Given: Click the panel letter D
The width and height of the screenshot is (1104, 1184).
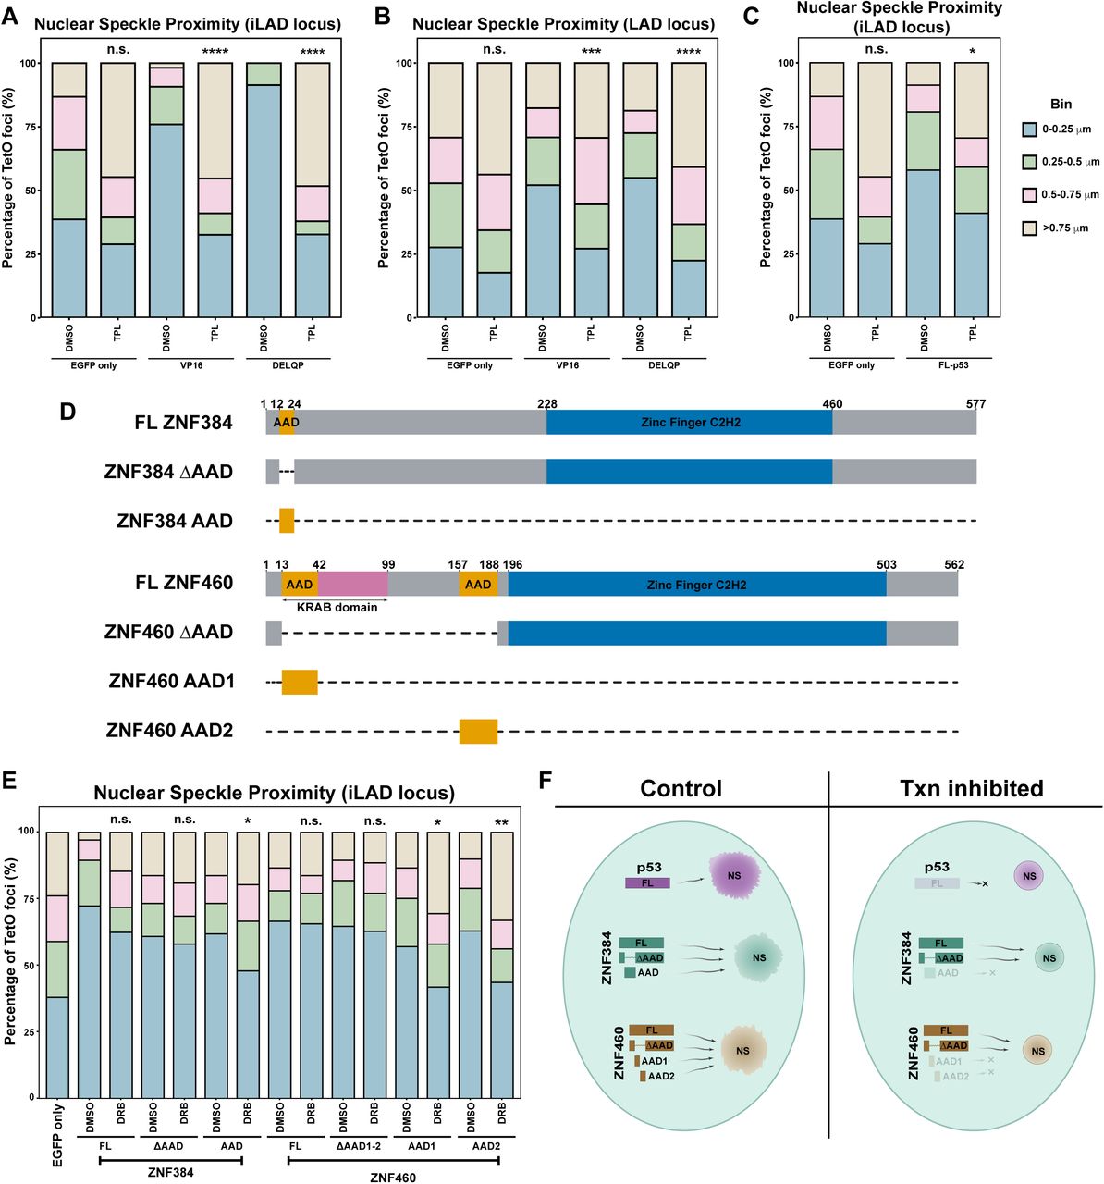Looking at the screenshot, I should pos(67,410).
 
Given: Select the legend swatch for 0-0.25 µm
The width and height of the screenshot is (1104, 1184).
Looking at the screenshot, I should pos(1030,130).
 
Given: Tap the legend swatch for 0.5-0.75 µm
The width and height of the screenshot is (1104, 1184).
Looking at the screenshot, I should pos(1030,195).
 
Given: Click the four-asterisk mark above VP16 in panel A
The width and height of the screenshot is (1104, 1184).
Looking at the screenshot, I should pos(215,52).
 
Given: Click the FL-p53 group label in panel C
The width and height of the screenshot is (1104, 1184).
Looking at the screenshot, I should pos(948,364).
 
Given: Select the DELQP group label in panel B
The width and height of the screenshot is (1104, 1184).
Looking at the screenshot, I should pos(664,364).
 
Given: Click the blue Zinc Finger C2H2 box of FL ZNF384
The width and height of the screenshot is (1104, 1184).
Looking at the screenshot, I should pos(689,423).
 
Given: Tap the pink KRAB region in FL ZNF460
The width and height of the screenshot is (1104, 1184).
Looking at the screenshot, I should pos(352,584).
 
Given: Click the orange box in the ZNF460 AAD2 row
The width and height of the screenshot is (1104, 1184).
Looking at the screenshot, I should pos(478,731).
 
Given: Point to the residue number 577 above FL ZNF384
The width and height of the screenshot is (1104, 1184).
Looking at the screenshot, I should pos(975,403).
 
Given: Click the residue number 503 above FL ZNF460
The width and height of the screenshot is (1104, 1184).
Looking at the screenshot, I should pos(885,564).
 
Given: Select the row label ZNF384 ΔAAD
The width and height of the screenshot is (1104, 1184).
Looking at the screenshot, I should pos(168,472).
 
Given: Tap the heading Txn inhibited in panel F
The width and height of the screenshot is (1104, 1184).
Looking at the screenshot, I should pos(971,788).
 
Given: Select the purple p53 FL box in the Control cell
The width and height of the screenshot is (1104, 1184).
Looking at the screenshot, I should pos(647,883).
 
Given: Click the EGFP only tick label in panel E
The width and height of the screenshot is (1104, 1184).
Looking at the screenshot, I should pos(58,1133).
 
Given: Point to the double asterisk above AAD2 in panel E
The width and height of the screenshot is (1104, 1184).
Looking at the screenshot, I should pos(501,820).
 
